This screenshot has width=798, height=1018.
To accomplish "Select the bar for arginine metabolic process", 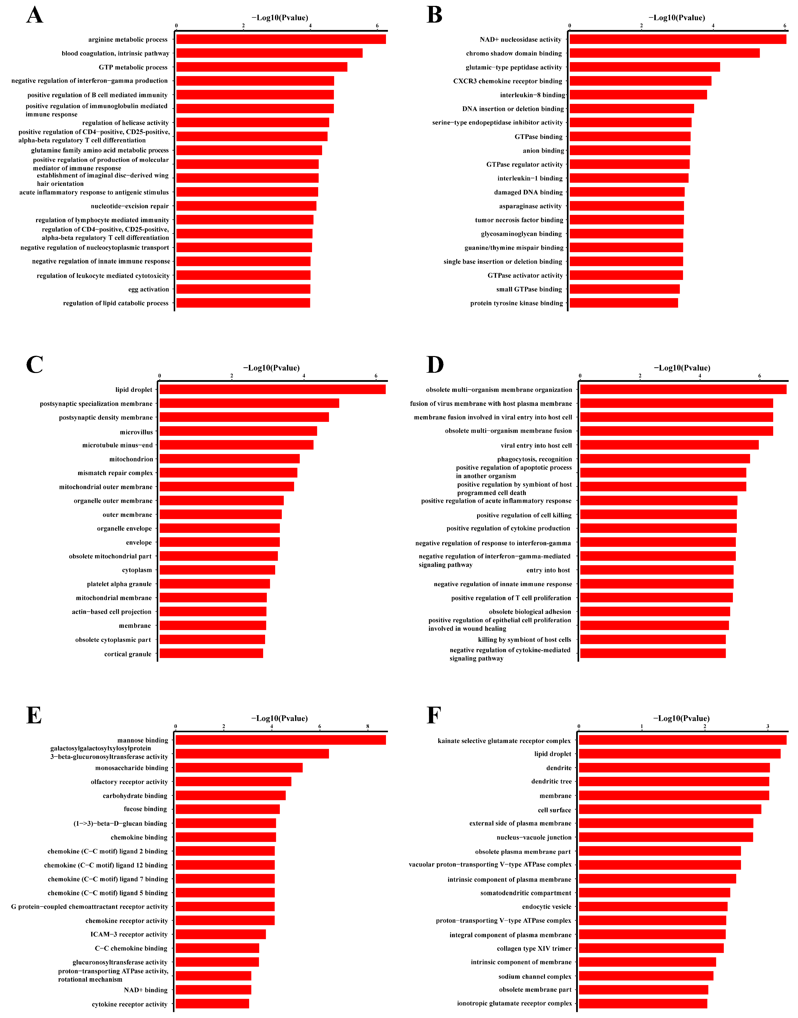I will click(280, 39).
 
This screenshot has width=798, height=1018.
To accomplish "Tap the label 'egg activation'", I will click(149, 289).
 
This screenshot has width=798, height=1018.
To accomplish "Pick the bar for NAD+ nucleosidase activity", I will click(677, 39).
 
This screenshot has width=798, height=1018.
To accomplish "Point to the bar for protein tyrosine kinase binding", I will click(624, 303).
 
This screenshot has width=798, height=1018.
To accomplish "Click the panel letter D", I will click(435, 365).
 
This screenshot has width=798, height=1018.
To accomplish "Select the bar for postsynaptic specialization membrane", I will click(249, 403).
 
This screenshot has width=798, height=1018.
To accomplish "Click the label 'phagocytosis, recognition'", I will click(534, 459).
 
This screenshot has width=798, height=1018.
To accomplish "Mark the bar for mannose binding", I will click(280, 740).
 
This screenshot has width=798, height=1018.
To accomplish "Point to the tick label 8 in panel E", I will click(368, 727).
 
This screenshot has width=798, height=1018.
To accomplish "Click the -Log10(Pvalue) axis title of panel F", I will click(681, 718).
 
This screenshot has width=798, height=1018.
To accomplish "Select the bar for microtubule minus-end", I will click(236, 445).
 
